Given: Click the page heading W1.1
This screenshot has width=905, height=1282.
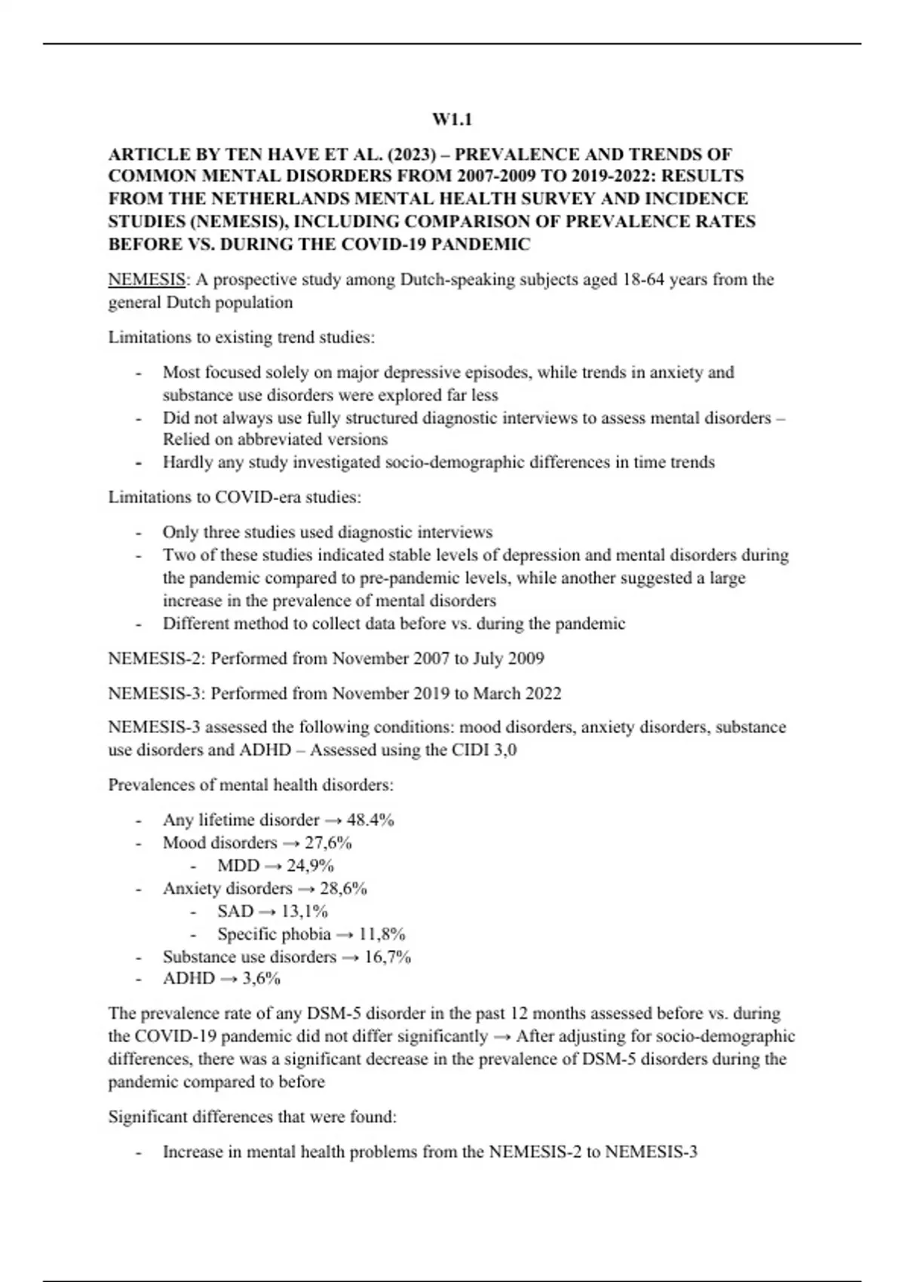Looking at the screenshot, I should click(x=452, y=119).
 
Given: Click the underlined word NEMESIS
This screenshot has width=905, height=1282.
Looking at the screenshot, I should click(x=146, y=280).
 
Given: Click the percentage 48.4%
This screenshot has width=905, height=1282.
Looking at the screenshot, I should click(x=370, y=820).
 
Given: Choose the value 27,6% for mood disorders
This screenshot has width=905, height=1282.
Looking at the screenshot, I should click(x=328, y=842).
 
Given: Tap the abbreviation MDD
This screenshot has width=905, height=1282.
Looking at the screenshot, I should click(x=238, y=866).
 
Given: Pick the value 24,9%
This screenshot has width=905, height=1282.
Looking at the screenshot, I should click(x=310, y=866).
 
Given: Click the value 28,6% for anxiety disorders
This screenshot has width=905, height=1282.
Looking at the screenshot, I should click(x=343, y=888).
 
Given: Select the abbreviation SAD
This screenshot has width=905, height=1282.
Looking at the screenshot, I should click(x=235, y=911).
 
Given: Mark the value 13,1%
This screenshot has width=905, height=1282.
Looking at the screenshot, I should click(x=304, y=911).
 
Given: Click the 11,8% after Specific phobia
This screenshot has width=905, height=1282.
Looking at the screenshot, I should click(x=382, y=934).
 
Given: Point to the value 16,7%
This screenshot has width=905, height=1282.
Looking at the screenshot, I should click(x=388, y=957).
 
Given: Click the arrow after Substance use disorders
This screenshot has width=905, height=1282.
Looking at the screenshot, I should click(x=350, y=957).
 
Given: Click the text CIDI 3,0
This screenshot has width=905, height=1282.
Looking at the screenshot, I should click(x=482, y=750).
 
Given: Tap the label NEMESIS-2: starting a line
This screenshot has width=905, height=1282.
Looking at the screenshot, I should click(x=157, y=658).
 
